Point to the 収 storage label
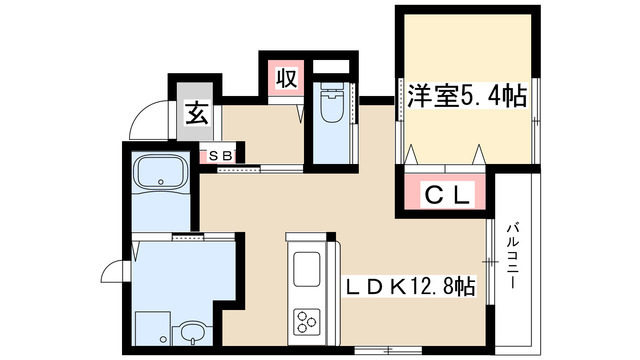285,78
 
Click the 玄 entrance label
196,111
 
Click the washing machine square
153,326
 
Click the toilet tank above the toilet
331,87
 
